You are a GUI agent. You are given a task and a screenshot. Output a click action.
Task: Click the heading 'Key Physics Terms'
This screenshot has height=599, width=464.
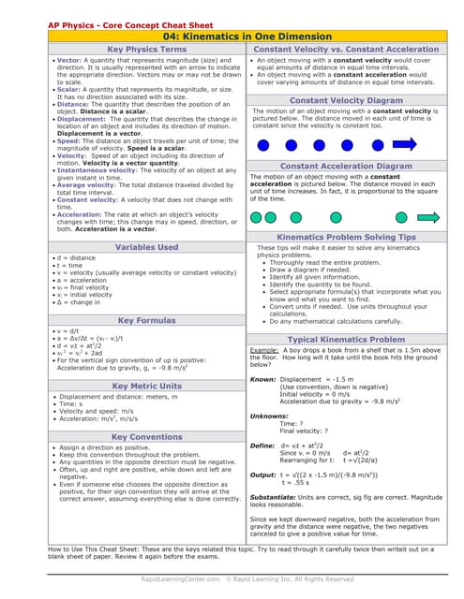click(146, 49)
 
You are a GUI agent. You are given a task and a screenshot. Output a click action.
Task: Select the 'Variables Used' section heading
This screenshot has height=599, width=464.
click(146, 247)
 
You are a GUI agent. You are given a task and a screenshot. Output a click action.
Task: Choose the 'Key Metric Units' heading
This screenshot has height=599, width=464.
click(146, 386)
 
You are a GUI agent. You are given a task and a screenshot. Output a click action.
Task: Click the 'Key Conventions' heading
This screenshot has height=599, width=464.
click(146, 437)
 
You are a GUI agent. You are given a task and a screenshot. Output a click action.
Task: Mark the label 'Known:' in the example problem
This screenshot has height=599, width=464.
click(263, 379)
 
